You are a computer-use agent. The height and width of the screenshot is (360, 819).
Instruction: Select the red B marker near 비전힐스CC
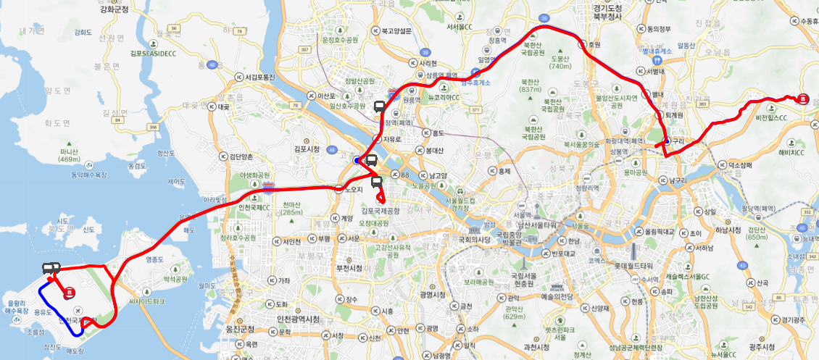pyautogui.click(x=802, y=100)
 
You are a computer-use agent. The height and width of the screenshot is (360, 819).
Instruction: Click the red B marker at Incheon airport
pyautogui.click(x=70, y=293)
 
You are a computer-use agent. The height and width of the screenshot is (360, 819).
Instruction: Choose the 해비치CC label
pyautogui.click(x=791, y=152)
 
